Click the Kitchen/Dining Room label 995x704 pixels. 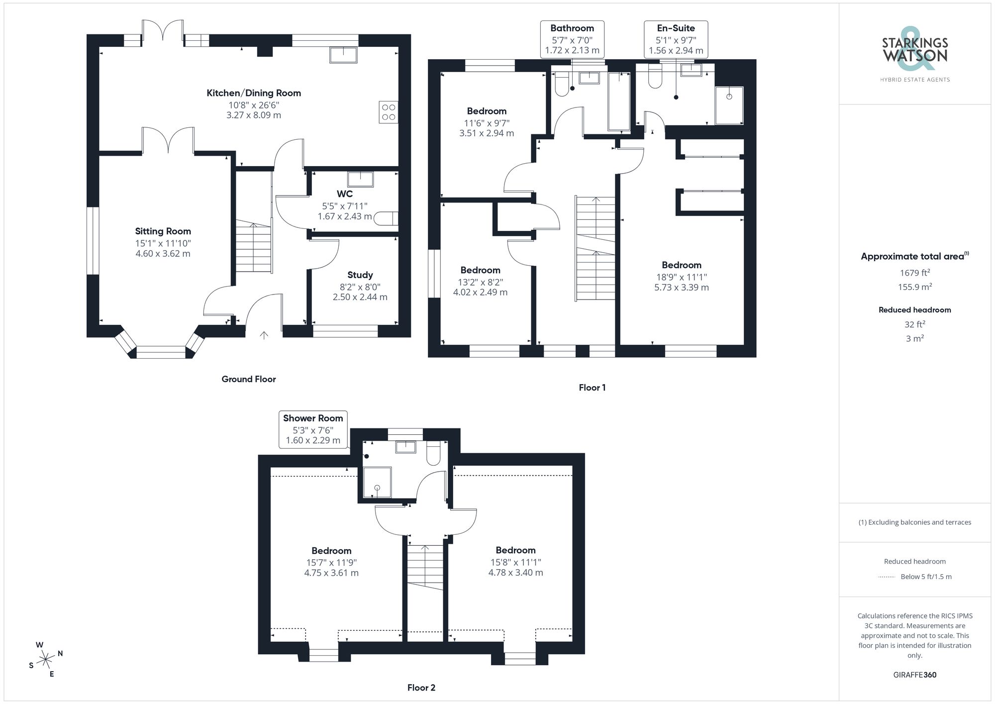(254, 93)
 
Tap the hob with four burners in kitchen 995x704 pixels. (389, 112)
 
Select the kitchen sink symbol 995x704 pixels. (343, 55)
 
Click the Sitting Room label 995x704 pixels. (163, 231)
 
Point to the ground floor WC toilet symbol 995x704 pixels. (386, 218)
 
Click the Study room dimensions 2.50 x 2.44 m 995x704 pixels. (360, 297)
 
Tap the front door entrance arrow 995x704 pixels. (264, 335)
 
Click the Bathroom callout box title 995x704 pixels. (572, 28)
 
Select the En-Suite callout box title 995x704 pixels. (676, 28)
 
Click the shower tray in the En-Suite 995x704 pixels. (729, 105)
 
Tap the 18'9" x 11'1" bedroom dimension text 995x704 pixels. (681, 277)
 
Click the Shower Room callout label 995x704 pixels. (313, 418)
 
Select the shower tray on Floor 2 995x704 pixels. (377, 482)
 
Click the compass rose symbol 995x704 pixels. (46, 660)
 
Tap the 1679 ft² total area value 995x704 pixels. (914, 273)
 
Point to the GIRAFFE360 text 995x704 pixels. (914, 675)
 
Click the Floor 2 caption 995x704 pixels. (421, 688)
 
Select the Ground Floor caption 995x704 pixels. (249, 379)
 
